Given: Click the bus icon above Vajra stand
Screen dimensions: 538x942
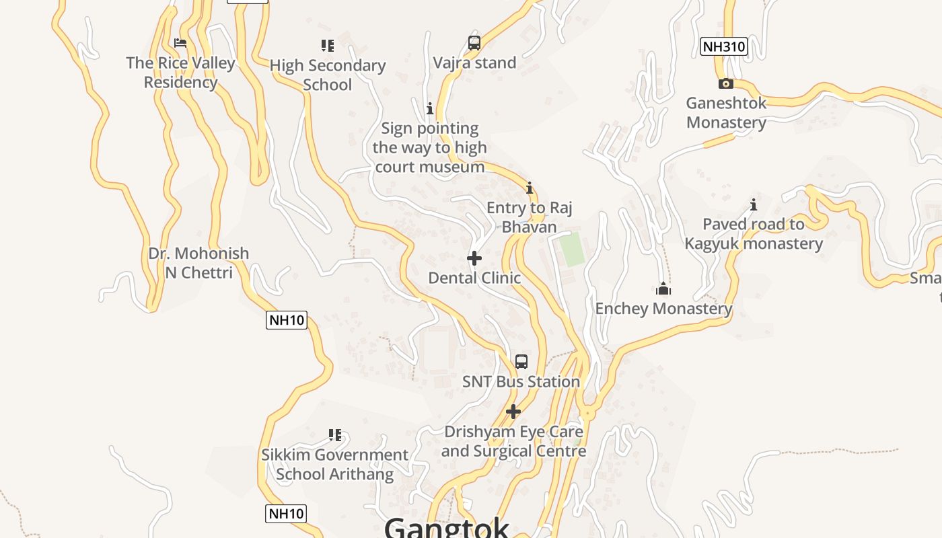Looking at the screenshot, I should (474, 43).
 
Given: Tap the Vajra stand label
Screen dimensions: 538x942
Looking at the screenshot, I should (474, 63).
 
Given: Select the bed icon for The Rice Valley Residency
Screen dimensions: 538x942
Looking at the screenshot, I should (180, 43).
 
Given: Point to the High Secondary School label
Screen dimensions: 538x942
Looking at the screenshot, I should (328, 75).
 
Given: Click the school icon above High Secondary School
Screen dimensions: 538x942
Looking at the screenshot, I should (328, 46).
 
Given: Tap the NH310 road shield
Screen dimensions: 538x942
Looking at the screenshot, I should (723, 46).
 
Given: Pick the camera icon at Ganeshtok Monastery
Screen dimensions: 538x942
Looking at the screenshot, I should (725, 84).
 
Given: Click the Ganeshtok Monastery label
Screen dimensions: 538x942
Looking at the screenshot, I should (726, 113).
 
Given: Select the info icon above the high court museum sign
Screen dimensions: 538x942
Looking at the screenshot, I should (430, 108).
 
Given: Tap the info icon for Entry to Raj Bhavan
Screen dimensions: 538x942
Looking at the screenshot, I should (530, 188).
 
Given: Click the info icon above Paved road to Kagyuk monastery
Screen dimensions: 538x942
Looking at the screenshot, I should (754, 204).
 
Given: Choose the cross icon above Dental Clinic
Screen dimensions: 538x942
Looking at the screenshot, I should (474, 258).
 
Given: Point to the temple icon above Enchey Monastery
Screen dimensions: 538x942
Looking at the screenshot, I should (663, 289).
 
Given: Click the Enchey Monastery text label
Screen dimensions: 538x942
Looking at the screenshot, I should (663, 309).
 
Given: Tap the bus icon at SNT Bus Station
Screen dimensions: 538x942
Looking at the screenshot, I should (521, 362).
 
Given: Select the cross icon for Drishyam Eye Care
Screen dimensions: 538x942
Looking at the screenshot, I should (513, 412).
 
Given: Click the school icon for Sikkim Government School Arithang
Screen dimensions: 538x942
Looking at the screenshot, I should (335, 435).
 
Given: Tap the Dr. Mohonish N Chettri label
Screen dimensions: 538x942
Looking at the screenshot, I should (198, 263).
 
